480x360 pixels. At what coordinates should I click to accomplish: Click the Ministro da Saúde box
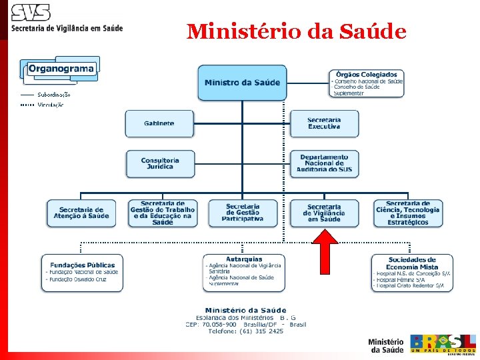click(x=242, y=83)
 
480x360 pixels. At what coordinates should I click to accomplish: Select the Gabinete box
click(x=159, y=123)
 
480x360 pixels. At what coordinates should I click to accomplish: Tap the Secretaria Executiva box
click(x=324, y=123)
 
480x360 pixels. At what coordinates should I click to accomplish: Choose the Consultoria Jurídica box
click(x=161, y=164)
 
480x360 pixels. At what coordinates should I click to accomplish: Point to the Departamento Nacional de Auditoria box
click(x=324, y=164)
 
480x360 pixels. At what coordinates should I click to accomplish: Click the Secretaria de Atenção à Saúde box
click(x=80, y=213)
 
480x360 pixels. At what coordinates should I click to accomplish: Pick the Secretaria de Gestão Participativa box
click(x=243, y=213)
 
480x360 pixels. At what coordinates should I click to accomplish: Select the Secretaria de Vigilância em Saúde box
click(x=324, y=213)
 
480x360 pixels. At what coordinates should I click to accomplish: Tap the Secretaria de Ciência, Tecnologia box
click(x=407, y=213)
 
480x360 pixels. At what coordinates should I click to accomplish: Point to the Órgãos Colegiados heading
click(x=367, y=74)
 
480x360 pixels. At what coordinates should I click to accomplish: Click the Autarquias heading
click(x=244, y=259)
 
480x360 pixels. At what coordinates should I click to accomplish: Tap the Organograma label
click(x=61, y=69)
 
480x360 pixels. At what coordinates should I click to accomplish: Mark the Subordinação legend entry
click(x=54, y=95)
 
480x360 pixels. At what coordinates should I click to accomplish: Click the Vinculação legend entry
click(x=51, y=105)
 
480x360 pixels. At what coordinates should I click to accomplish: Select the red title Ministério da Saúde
click(x=297, y=31)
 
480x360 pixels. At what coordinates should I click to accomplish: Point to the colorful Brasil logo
click(x=443, y=342)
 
